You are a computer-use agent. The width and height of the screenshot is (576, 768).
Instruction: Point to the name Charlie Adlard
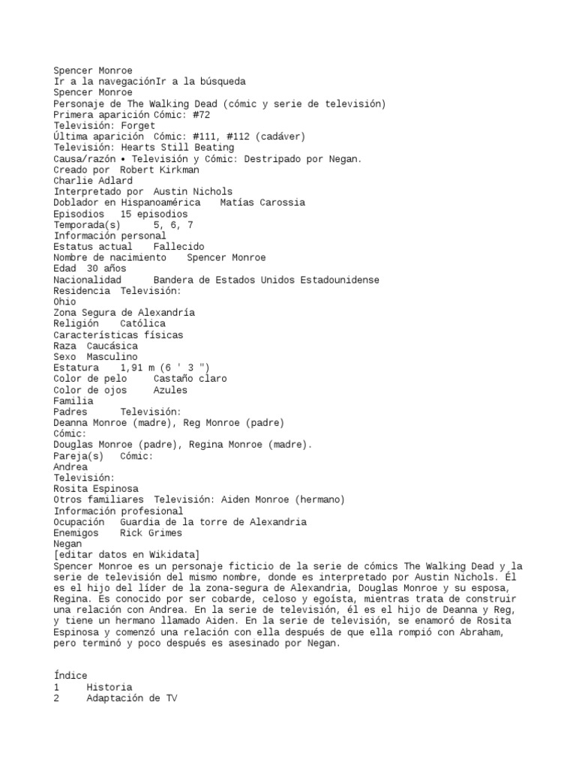[82, 181]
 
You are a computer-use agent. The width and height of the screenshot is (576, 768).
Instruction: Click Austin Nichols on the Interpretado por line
[193, 192]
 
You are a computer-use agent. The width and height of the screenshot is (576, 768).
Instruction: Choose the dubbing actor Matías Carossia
[262, 202]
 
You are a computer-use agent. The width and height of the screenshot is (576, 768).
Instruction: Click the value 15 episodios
[153, 214]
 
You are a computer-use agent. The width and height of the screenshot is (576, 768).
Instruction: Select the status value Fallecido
[178, 247]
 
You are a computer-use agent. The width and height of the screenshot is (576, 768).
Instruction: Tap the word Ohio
[64, 301]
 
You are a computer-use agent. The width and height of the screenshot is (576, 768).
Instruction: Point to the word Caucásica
[112, 346]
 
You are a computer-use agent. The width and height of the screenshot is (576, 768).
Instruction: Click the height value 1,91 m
[142, 368]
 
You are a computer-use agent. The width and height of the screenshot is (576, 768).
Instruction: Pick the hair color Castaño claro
[189, 379]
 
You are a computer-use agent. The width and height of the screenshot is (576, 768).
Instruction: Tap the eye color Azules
[169, 390]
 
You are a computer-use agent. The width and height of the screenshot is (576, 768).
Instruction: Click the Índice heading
[70, 676]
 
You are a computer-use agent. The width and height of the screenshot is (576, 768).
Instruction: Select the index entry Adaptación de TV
[131, 698]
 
